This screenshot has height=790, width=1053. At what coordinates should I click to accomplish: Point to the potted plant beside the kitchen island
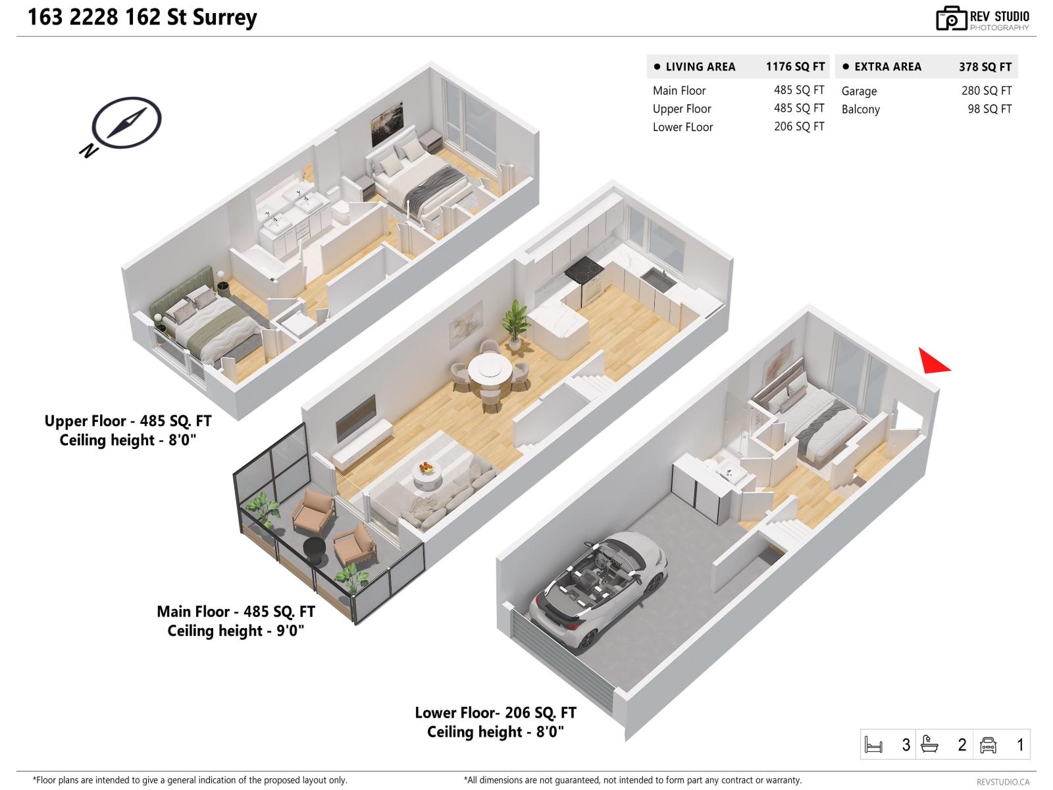tap(515, 321)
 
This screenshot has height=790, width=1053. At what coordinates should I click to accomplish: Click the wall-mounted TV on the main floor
tap(356, 418)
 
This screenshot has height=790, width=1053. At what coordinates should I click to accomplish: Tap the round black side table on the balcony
tap(315, 550)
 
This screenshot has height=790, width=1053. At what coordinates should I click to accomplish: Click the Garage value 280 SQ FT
tap(986, 91)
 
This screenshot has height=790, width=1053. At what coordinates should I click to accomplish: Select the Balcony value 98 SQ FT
tap(989, 109)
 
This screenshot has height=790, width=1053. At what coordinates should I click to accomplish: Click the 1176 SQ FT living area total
tap(794, 66)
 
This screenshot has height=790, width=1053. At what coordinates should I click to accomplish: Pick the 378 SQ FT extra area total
tap(985, 66)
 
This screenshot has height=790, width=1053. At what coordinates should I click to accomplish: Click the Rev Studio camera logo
tap(951, 19)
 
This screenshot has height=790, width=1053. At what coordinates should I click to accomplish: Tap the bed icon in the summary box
tap(873, 745)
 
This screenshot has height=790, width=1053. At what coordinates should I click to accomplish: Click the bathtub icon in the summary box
tap(929, 745)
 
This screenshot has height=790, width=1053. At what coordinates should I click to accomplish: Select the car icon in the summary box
tap(988, 745)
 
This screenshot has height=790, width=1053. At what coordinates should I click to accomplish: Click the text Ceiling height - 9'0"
tap(236, 631)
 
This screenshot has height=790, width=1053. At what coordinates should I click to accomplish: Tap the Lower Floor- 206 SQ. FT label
tap(495, 712)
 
